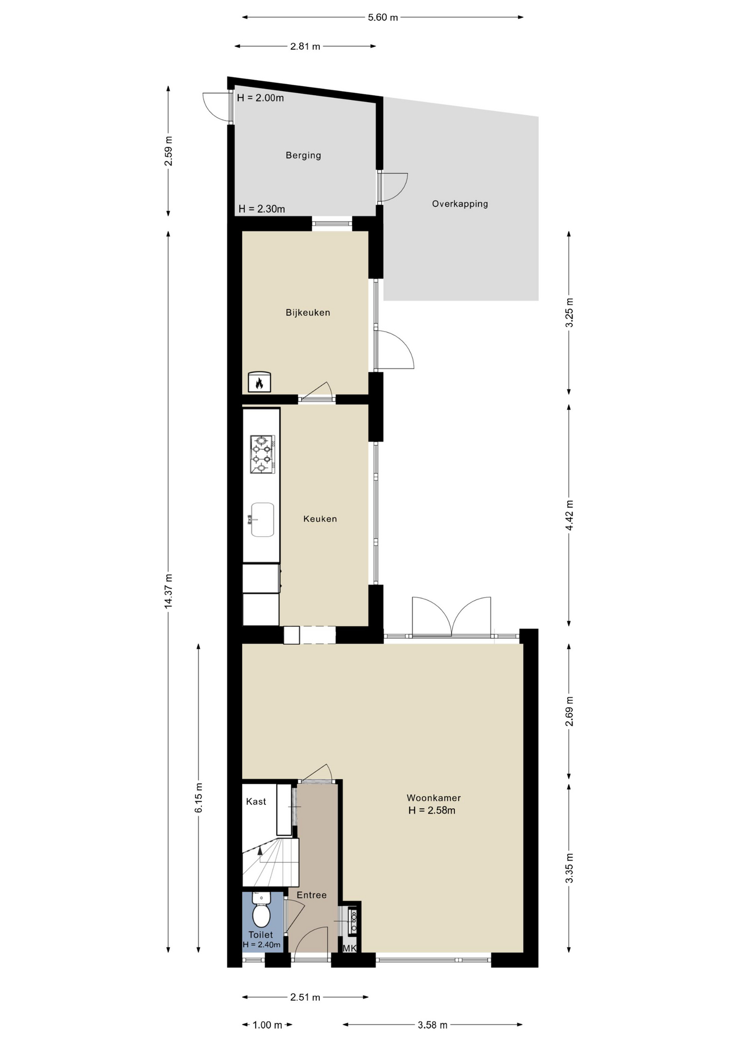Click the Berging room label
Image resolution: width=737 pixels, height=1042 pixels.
303,155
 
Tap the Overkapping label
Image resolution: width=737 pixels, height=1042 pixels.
460,204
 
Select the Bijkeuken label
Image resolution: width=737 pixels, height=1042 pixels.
308,313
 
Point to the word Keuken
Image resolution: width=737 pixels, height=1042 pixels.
320,519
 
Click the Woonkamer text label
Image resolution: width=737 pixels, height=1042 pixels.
434,798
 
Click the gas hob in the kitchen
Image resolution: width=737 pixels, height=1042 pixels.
262,454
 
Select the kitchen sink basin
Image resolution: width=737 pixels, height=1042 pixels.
262,519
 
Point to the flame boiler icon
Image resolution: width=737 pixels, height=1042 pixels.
259,382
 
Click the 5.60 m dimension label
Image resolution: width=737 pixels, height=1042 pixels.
383,17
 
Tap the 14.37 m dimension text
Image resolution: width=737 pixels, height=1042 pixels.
168,591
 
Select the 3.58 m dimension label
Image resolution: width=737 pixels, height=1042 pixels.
433,1025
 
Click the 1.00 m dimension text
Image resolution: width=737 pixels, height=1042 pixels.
268,1025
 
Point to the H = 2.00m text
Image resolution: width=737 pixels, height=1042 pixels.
261,98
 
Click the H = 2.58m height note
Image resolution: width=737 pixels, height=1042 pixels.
432,811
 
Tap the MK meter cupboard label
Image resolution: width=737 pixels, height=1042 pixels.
350,949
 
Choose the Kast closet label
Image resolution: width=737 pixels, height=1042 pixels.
256,802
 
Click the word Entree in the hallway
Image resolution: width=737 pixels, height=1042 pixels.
312,895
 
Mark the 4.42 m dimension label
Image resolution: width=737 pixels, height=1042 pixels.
569,516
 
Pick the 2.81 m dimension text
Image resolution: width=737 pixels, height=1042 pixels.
305,47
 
